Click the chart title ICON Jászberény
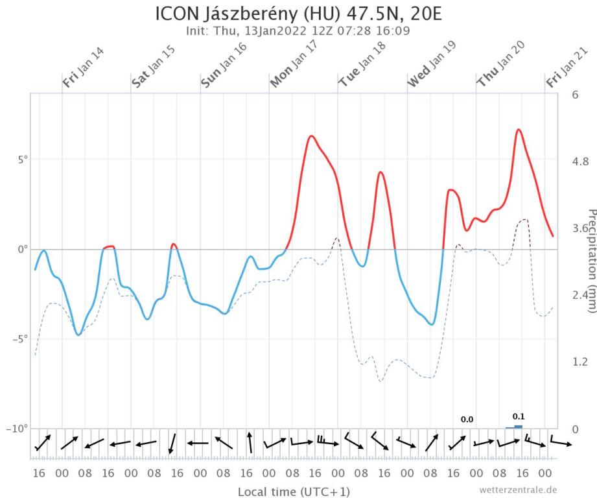tap(298, 14)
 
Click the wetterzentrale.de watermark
tap(518, 489)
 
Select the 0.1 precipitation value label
tap(518, 416)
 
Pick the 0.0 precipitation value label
tap(467, 420)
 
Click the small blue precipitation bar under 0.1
tap(518, 427)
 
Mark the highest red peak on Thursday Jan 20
tap(519, 130)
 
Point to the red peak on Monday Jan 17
tap(312, 136)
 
